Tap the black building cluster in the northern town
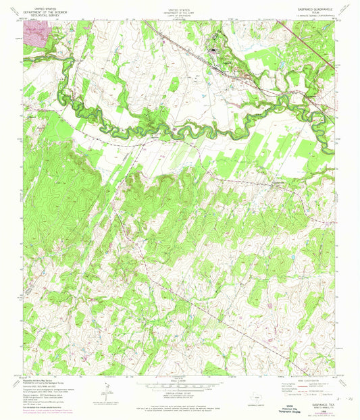click(214, 50)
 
